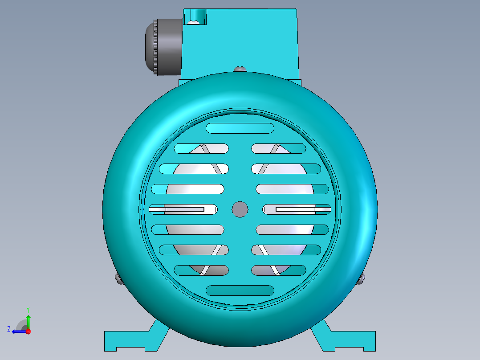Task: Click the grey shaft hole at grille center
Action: tap(240, 209)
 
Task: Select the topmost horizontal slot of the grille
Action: tap(240, 128)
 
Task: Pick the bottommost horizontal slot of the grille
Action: tap(240, 290)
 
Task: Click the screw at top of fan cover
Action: tap(240, 69)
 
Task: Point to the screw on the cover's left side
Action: tap(118, 278)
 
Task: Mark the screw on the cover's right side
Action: tap(361, 278)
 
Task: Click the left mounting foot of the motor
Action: tap(131, 340)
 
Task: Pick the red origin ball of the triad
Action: tap(28, 331)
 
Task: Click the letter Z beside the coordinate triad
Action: tap(9, 329)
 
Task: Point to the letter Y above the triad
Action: tap(28, 309)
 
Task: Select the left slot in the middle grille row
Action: tap(183, 209)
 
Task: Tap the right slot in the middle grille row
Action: tap(297, 209)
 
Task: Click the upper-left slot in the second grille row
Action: tap(201, 148)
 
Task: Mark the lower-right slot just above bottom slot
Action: tap(279, 270)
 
